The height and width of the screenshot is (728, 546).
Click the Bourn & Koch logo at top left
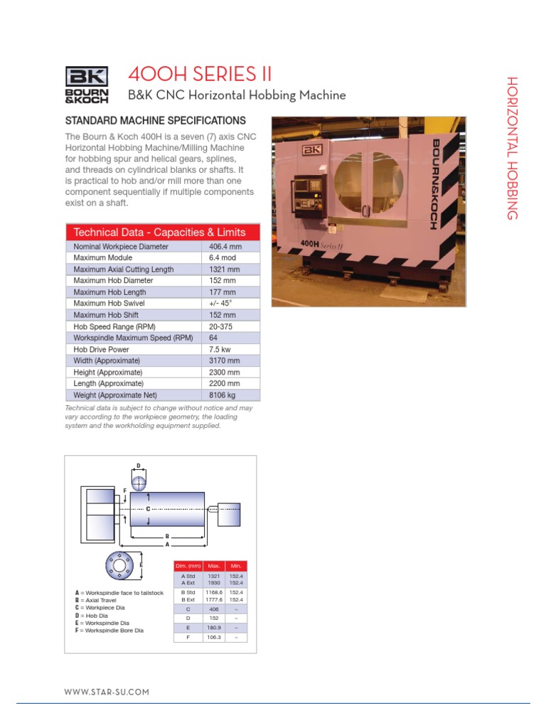click(x=87, y=85)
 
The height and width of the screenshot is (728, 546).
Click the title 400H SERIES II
click(x=199, y=74)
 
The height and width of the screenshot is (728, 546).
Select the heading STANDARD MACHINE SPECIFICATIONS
click(x=156, y=121)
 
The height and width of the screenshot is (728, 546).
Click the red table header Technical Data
click(x=160, y=232)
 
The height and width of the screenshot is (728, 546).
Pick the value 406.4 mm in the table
click(x=225, y=247)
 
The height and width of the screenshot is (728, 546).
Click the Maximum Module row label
click(x=100, y=258)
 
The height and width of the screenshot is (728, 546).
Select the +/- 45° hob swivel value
click(x=220, y=304)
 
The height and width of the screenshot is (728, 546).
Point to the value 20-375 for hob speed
click(x=221, y=326)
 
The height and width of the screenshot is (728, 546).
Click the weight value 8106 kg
click(x=222, y=395)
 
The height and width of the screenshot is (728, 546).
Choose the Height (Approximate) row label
click(x=108, y=373)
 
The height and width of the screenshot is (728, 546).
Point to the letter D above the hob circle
click(x=139, y=466)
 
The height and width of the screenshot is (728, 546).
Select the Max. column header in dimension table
click(x=213, y=565)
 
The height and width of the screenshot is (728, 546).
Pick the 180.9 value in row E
click(x=213, y=628)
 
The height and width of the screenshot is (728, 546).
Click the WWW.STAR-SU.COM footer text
click(x=107, y=692)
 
